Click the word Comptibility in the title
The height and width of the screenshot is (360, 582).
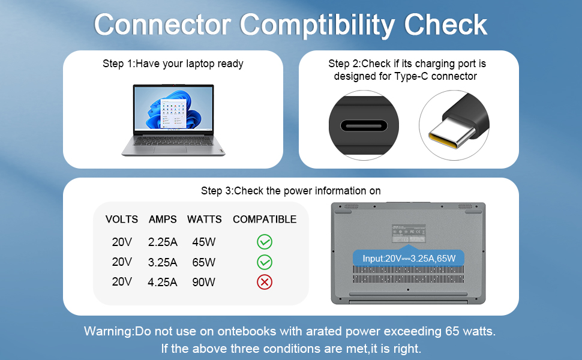click(317, 25)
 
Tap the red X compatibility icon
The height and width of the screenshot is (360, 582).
click(265, 282)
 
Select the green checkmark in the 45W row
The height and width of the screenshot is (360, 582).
click(265, 242)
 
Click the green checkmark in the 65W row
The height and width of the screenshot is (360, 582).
click(265, 262)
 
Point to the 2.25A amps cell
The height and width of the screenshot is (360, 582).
click(163, 242)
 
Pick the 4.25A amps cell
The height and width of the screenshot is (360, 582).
click(163, 283)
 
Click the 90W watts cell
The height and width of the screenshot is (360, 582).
click(204, 283)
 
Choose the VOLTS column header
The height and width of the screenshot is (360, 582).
click(122, 220)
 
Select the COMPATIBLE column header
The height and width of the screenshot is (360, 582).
click(265, 220)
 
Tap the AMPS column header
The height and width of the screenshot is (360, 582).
click(163, 220)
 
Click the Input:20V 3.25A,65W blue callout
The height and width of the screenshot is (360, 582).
click(409, 259)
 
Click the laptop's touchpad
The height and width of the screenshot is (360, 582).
click(171, 149)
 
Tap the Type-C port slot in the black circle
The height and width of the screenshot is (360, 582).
click(364, 126)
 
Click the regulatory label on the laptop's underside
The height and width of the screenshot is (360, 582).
click(409, 234)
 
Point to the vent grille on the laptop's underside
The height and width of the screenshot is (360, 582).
click(408, 274)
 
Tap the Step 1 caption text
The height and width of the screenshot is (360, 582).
click(173, 64)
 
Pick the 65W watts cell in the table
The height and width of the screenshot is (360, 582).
click(204, 262)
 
